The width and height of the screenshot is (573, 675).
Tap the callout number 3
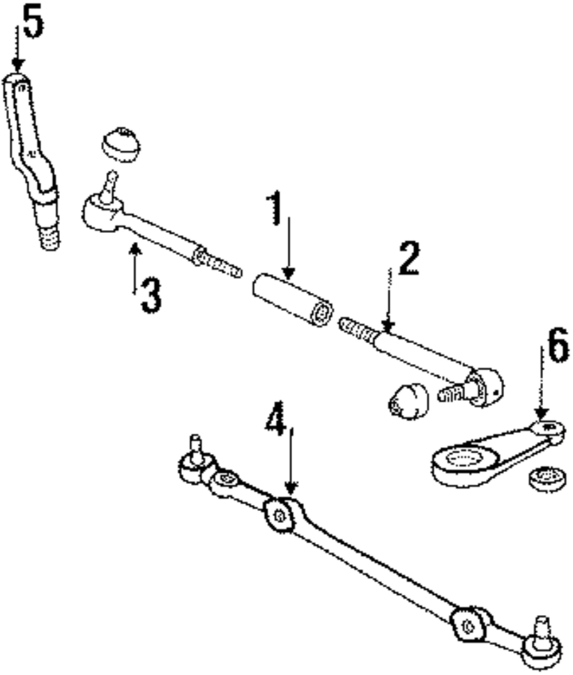coord(151,295)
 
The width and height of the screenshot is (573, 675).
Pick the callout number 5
coord(32,23)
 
